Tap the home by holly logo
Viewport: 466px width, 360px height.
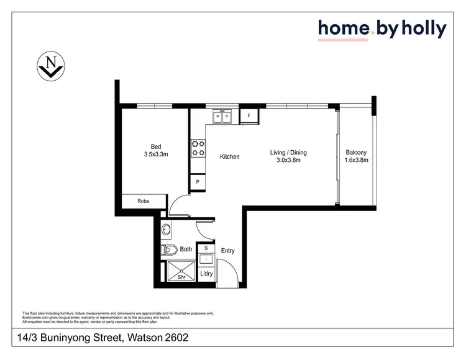tap(381, 29)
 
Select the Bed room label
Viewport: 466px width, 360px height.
tap(156, 147)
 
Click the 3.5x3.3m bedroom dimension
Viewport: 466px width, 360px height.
tap(156, 155)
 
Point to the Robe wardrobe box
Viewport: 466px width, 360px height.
tap(144, 201)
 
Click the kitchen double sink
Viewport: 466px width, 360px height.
tap(222, 115)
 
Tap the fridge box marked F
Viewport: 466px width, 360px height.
tap(249, 115)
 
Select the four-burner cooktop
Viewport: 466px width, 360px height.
tap(199, 148)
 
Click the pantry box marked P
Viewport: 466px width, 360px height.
tap(198, 182)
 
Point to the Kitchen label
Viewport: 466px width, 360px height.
tap(230, 157)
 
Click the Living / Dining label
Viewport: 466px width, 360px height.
tap(288, 153)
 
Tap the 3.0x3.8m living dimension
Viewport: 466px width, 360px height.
tap(288, 160)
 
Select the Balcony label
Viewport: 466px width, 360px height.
tap(356, 153)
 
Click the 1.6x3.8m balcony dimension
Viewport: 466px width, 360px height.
tap(356, 160)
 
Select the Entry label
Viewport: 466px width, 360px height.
tap(227, 251)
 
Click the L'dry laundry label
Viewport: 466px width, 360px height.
tap(206, 274)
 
